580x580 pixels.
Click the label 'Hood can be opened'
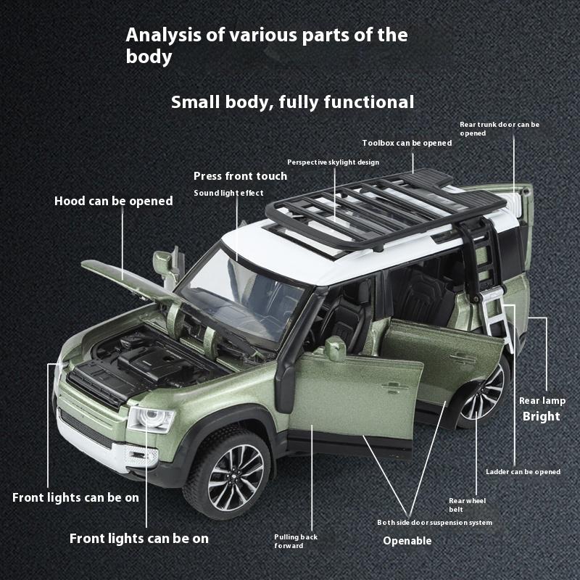tap(113, 201)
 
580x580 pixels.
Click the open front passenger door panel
tap(355, 391)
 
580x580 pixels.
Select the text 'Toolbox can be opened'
tap(407, 143)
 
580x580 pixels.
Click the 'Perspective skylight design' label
tap(333, 162)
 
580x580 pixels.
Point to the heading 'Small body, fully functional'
tap(292, 101)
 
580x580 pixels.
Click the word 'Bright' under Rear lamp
tap(541, 416)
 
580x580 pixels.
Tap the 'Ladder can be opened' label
tap(523, 472)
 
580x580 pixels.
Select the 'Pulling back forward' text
tap(295, 541)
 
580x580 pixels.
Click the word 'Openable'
tap(407, 540)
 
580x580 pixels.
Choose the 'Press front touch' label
tap(240, 176)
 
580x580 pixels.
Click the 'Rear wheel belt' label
tap(467, 505)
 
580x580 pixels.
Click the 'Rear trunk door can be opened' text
tap(500, 128)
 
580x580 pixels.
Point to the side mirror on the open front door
tap(335, 348)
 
